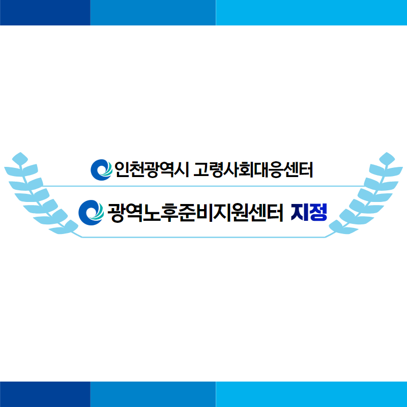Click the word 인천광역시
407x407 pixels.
(151, 169)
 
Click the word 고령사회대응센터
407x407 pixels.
(253, 169)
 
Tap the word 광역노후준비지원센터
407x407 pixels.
(195, 213)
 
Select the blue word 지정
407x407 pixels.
(309, 212)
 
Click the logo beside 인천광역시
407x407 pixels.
(101, 170)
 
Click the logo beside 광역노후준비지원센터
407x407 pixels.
(91, 213)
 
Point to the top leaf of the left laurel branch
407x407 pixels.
(20, 158)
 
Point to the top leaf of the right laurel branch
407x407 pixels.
(387, 158)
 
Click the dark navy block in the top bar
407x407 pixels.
(45, 13)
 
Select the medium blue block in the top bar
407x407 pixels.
(153, 13)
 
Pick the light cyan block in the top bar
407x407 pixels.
(311, 13)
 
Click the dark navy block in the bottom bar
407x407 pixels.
(45, 394)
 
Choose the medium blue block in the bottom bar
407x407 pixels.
(153, 394)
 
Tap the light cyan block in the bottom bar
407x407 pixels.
(311, 394)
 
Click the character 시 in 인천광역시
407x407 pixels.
(181, 169)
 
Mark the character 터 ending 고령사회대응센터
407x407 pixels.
(306, 169)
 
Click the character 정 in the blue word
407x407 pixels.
(318, 212)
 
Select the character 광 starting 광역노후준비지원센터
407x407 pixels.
(116, 213)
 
